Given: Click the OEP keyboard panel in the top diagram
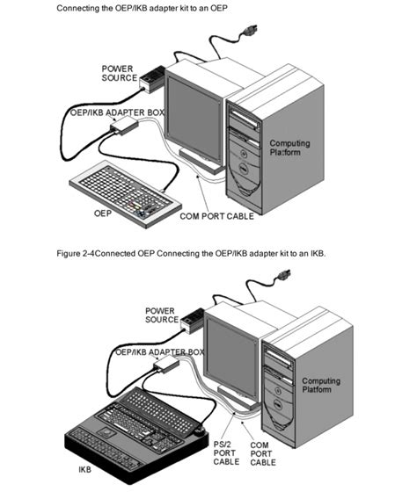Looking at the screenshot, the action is tap(125, 193).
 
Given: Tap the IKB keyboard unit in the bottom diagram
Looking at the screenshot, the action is tap(136, 435).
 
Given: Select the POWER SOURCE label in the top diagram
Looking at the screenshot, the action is tap(119, 73).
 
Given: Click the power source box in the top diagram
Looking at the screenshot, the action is tap(152, 79).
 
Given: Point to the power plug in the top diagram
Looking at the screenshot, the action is tap(249, 31).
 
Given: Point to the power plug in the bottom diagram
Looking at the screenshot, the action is tap(282, 276).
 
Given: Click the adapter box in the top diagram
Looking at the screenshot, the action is tap(124, 125).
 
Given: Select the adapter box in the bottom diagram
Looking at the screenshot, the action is tap(166, 365).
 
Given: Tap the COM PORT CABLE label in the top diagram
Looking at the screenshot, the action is tap(216, 216).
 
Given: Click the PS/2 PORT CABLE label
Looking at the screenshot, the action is tap(226, 453).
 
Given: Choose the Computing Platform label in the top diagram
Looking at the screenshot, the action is tap(289, 148).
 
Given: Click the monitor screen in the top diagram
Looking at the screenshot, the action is tap(194, 119).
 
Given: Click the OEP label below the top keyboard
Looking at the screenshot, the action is tap(103, 213).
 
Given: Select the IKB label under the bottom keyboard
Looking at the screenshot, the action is tap(84, 469).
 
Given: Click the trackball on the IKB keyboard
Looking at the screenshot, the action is tap(107, 432).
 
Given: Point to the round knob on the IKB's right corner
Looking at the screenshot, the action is tap(200, 430).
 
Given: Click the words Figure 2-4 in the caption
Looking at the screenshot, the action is tap(76, 253).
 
